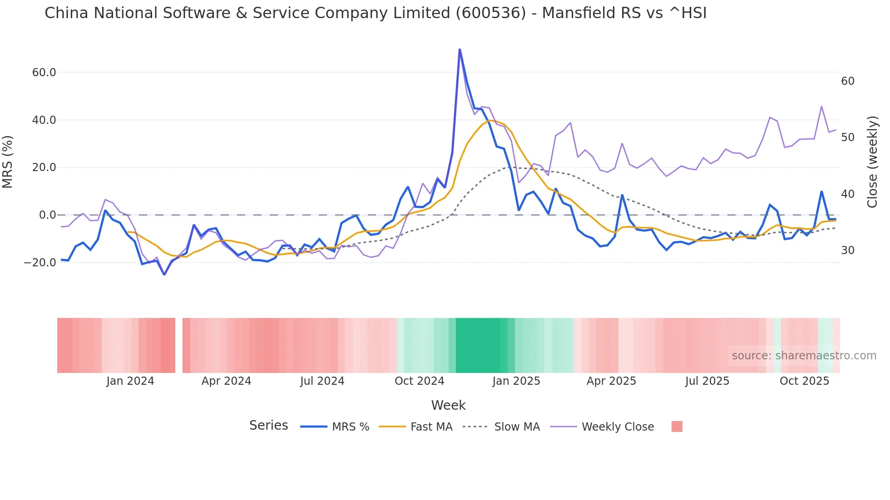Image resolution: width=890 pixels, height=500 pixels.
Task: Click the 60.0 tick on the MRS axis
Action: point(44,73)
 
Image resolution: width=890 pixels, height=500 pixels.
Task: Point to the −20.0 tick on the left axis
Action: point(40,263)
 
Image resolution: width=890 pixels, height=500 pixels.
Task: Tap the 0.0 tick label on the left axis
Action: point(48,215)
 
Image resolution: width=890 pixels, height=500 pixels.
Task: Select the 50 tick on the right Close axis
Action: point(847,137)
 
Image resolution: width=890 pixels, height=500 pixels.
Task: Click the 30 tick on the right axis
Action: point(847,250)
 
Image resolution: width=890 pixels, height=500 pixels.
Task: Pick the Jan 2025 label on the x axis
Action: point(516,381)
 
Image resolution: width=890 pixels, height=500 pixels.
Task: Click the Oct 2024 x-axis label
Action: point(419,381)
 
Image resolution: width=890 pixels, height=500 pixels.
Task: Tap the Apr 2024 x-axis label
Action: point(226,381)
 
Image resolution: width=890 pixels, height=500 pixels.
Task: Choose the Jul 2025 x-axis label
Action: point(707,381)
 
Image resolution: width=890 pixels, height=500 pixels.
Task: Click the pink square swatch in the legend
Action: point(677,426)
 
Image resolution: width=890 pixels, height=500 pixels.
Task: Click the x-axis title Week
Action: point(448,405)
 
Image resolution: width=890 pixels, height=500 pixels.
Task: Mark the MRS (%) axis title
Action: point(8,162)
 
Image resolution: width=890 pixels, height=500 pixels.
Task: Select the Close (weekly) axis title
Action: point(872,162)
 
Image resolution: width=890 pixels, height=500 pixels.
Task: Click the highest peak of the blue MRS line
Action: point(460,49)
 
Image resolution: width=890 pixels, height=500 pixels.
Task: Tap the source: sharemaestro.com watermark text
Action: point(804,356)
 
